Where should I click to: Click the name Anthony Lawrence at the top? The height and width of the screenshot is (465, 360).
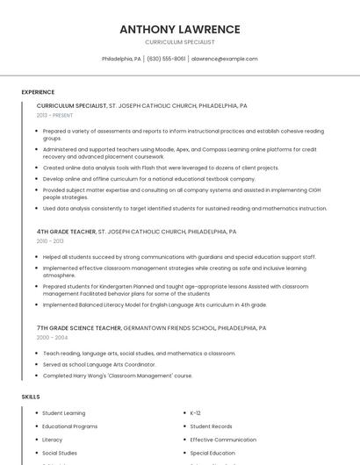point(179,29)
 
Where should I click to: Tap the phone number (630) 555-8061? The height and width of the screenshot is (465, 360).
point(166,59)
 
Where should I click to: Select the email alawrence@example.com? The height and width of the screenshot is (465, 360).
point(225,59)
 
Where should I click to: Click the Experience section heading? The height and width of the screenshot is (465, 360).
point(38,92)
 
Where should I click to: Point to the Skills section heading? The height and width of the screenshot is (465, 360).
point(31,397)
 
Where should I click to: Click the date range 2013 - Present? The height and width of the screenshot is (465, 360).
point(54,115)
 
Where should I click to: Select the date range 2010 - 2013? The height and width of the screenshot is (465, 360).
point(50,241)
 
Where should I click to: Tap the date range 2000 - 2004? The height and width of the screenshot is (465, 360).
point(52,337)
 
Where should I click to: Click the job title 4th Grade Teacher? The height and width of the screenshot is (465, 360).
point(66,232)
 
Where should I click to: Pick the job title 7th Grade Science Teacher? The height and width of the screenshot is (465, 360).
point(79,327)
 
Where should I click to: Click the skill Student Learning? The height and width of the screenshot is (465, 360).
point(64,412)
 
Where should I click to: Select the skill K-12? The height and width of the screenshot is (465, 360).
point(196,412)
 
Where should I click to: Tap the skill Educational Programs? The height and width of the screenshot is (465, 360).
point(70,426)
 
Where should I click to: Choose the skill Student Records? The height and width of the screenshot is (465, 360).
point(212,426)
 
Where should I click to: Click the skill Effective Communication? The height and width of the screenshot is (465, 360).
point(223,440)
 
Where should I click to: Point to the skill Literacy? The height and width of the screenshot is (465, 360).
point(53,440)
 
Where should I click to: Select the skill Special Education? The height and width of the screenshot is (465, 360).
point(212,454)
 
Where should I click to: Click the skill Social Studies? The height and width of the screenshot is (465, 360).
point(60,454)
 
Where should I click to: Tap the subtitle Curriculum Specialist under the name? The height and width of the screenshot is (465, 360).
point(179,42)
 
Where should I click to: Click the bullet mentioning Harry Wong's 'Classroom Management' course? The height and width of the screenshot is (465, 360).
point(118,376)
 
